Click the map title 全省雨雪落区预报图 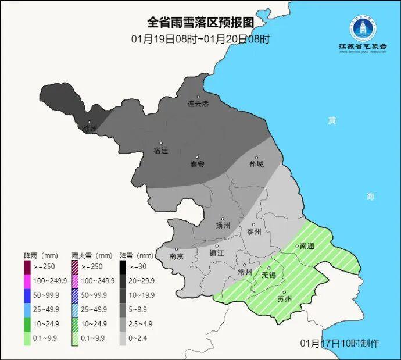coord(201,23)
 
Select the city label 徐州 coord(89,128)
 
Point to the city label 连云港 coord(198,104)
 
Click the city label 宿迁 coord(160,151)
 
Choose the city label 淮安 coord(197,164)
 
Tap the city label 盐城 coord(256,164)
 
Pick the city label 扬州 coord(223,225)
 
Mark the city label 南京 coord(176,256)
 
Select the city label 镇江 coord(217,253)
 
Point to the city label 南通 coord(307,246)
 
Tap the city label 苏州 coord(284,300)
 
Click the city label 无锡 coord(269,275)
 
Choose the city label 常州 coord(245,272)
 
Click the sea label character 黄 coord(332,120)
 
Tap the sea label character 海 coord(370,197)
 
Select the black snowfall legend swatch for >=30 coord(123,267)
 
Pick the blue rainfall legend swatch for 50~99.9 coord(27,295)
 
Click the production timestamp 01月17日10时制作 coord(341,343)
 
